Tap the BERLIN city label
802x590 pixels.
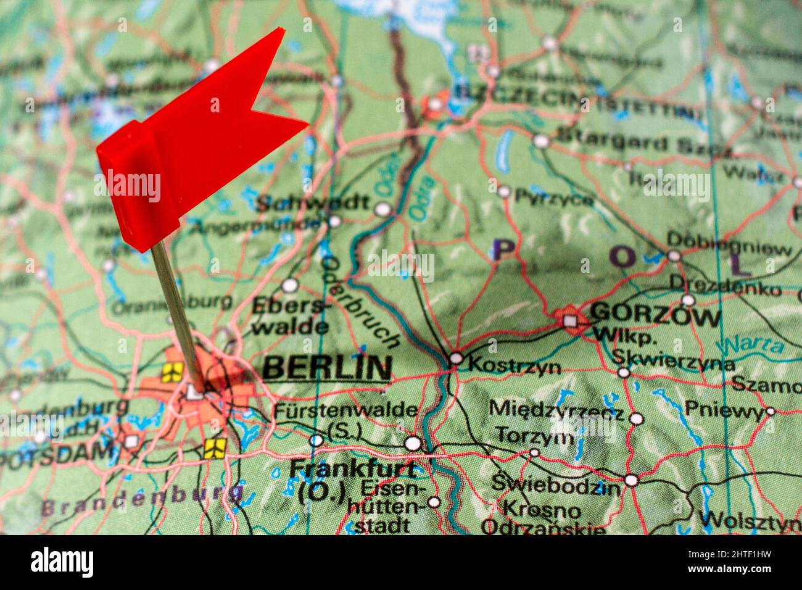coord(327,368)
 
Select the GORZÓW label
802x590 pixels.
coord(655,316)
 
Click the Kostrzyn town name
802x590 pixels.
coord(515,366)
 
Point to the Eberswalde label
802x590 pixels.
coord(289,315)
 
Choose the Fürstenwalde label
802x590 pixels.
coord(345,410)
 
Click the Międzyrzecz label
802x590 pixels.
coord(556,409)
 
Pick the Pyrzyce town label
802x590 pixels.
coord(554,198)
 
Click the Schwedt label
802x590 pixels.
coord(312,203)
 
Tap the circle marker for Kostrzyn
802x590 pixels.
coord(456,358)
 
